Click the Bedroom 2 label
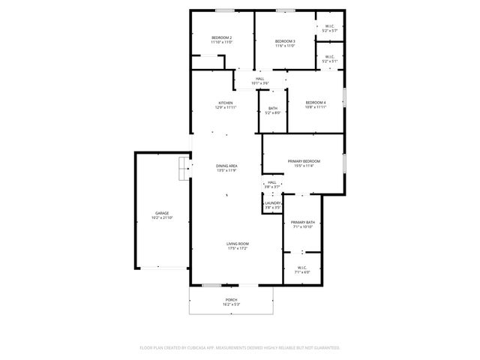[x=221, y=37]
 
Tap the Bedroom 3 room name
[x=285, y=40]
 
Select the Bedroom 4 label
[x=316, y=102]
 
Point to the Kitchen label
[x=226, y=103]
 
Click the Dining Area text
[x=226, y=165]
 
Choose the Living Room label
[x=238, y=244]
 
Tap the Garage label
[x=162, y=214]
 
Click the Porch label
[x=230, y=300]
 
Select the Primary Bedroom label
[x=304, y=161]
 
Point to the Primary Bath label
[x=303, y=222]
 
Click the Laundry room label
[x=272, y=202]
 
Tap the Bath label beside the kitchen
[x=272, y=109]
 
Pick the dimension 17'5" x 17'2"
[x=238, y=248]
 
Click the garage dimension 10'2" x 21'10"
[x=162, y=218]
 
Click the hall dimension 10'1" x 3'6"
[x=259, y=83]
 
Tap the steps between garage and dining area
[x=183, y=169]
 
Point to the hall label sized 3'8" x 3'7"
[x=272, y=182]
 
